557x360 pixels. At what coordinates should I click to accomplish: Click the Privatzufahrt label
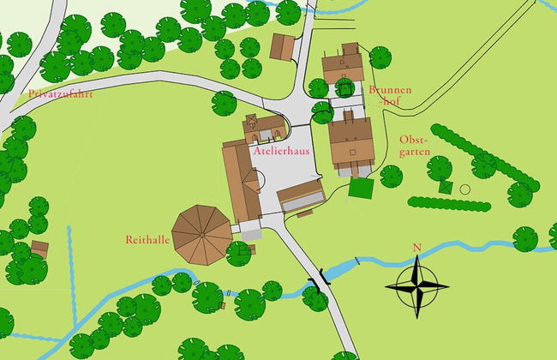tap(59, 93)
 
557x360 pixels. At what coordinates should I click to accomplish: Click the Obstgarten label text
tap(415, 150)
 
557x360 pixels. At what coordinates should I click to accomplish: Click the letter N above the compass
tap(417, 249)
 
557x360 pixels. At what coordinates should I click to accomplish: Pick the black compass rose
tap(417, 285)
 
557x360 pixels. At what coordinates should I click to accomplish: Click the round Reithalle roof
tap(202, 231)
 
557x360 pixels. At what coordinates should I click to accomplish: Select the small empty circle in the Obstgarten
tap(465, 189)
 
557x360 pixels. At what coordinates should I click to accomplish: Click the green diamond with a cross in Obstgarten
tap(445, 186)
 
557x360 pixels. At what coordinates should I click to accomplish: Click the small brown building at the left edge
tap(39, 249)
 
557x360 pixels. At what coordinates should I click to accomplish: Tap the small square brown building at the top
tap(282, 47)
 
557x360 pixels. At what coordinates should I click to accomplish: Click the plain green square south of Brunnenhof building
tap(361, 188)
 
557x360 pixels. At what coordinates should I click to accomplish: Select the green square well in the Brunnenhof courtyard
tap(345, 87)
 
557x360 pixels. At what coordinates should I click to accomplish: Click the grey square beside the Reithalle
tap(250, 231)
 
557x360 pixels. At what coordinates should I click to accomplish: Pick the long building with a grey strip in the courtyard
tap(300, 195)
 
